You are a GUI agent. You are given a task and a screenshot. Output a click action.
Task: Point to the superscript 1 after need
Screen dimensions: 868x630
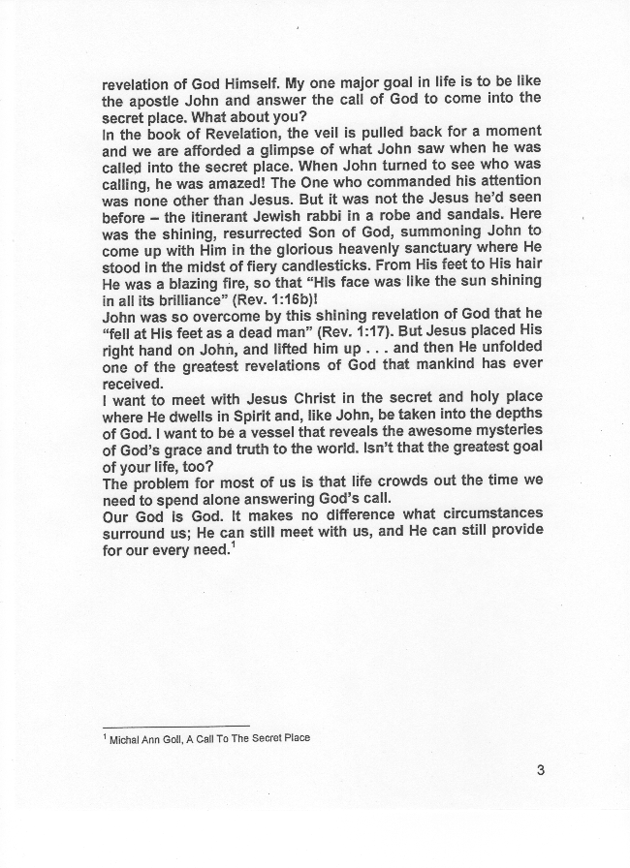[x=235, y=544]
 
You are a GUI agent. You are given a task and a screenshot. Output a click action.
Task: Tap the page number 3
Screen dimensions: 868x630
[x=540, y=771]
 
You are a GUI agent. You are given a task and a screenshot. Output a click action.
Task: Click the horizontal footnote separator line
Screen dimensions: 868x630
[x=175, y=727]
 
